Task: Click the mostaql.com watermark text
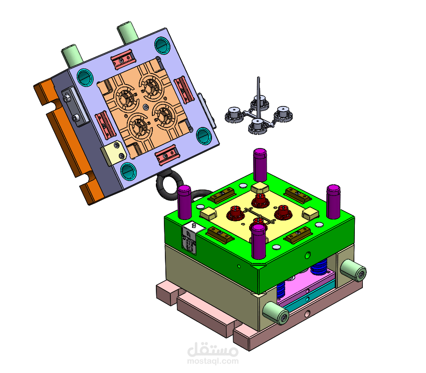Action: click(212, 361)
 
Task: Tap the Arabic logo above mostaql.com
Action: click(212, 349)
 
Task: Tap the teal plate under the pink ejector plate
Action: click(310, 297)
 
